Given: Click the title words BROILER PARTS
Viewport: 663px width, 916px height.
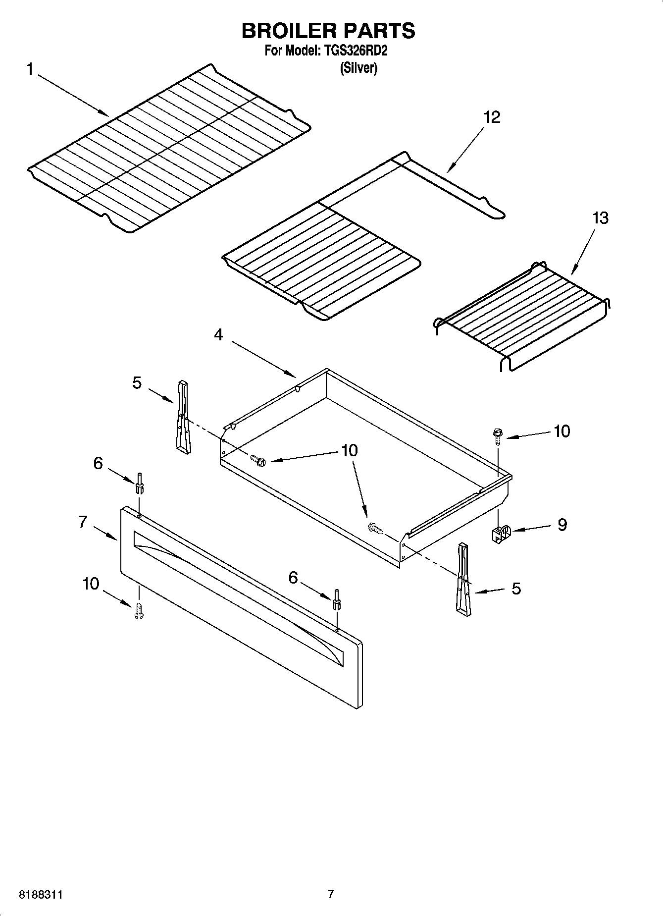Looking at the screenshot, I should coord(328,31).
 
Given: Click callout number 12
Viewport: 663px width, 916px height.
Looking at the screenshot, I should coord(492,117).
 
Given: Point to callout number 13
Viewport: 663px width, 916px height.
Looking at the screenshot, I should coord(600,218).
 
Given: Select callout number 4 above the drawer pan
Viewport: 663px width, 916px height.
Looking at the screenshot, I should coord(218,335).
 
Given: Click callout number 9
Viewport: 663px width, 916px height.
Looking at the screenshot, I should coord(562,525).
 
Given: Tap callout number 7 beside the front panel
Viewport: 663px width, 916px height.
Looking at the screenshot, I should coord(83,522).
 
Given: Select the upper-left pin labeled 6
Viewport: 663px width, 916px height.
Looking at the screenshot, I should coord(140,483).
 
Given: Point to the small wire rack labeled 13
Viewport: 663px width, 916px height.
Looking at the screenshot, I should coord(522,315).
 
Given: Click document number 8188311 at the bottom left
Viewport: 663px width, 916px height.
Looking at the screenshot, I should coord(41,895).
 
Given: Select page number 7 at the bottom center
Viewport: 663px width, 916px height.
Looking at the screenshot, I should coord(331,894).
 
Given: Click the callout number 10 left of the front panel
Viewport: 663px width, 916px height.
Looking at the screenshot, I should coord(91,584).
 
